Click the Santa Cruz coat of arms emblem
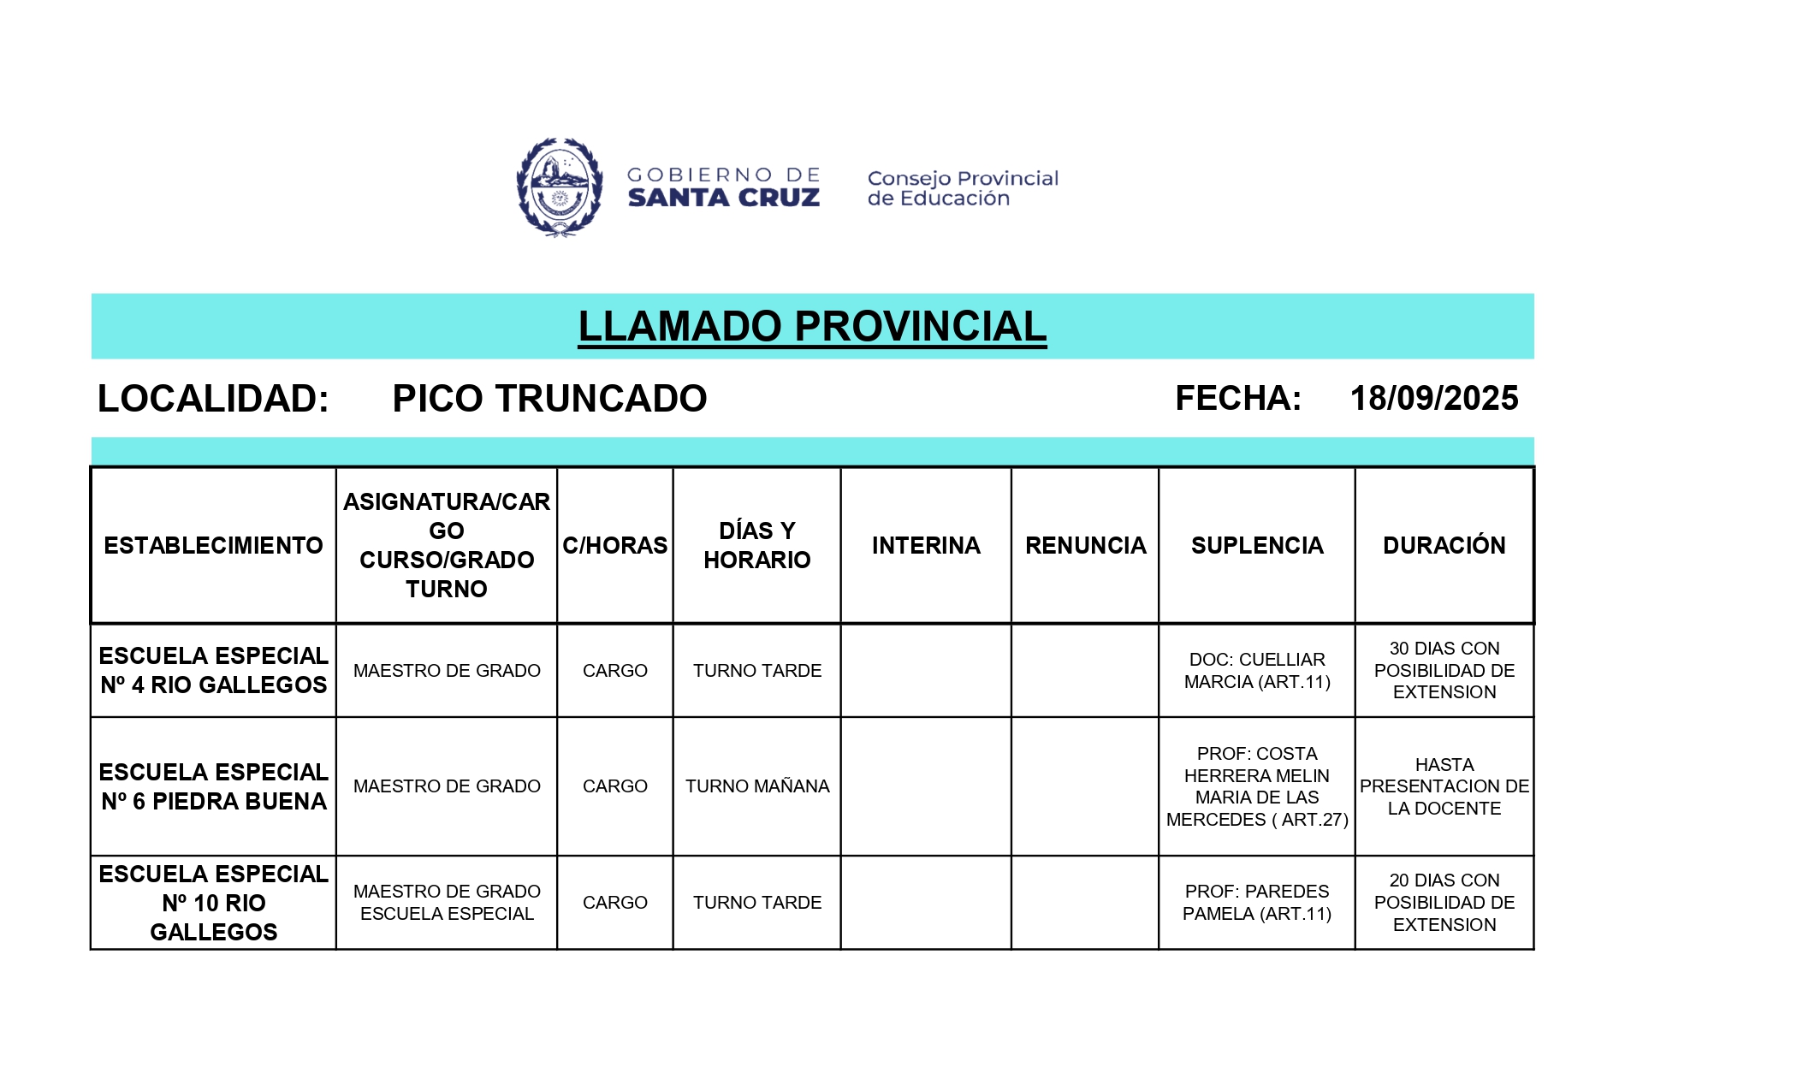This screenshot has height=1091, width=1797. [560, 187]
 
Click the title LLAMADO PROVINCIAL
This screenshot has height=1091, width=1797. [812, 327]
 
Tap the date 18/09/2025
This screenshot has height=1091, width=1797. [1433, 399]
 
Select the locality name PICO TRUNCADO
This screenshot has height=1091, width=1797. [549, 399]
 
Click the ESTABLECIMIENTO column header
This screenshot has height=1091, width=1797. [213, 546]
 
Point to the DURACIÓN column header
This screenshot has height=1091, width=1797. [1444, 546]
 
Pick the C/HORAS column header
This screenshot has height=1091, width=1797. [614, 546]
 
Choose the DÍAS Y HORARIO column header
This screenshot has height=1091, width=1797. [756, 546]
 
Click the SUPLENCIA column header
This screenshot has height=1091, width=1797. [1256, 546]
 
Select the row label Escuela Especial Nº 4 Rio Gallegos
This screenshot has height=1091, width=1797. [213, 671]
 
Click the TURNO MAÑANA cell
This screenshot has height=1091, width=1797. [756, 786]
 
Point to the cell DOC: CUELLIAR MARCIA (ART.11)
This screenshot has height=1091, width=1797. [1256, 671]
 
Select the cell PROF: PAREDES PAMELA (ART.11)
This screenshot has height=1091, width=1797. [1256, 903]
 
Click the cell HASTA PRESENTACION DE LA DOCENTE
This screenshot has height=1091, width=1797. [1444, 786]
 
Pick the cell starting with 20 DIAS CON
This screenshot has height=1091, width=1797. [1444, 903]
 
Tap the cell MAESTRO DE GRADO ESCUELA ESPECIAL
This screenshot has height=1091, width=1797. [447, 903]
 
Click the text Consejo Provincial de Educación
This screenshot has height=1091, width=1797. [963, 188]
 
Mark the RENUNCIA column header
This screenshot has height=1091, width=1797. [1085, 546]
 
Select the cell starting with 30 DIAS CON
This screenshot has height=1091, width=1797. [1444, 671]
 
